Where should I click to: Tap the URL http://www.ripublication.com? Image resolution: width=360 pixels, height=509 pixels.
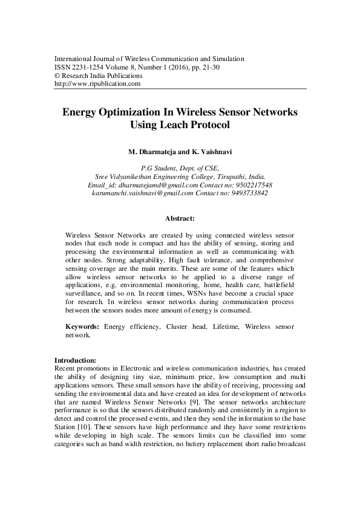click(97, 85)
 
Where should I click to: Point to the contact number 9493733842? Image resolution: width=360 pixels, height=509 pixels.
click(247, 193)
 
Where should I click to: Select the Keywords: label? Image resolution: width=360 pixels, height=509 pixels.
click(83, 326)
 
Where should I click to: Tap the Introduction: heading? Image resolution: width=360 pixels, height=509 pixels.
click(75, 360)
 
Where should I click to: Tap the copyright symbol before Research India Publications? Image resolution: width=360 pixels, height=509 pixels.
click(57, 76)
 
